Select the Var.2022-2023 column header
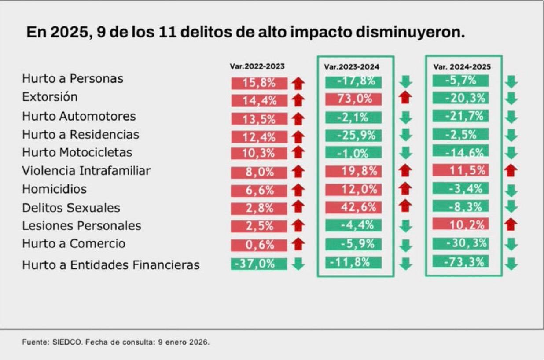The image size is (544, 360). pos(257,66)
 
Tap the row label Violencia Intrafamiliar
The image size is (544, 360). pos(86,171)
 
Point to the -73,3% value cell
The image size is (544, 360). pos(460,262)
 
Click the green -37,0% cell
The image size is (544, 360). pos(259,264)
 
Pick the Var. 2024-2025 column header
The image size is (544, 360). pos(462,67)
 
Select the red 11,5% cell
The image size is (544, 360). pos(460,170)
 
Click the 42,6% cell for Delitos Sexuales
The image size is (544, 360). pos(353,206)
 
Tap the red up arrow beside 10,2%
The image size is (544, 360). pos(511,224)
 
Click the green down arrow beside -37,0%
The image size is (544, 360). pos(298,264)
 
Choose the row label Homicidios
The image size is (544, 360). pos(54,189)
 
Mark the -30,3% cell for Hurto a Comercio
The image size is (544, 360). pos(460,243)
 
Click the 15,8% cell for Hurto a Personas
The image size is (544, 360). pos(259,83)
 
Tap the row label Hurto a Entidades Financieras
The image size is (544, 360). pos(111,265)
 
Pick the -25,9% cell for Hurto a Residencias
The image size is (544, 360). pos(353,135)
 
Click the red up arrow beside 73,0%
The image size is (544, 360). pos(406,99)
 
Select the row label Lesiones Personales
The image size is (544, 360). pos(81,226)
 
